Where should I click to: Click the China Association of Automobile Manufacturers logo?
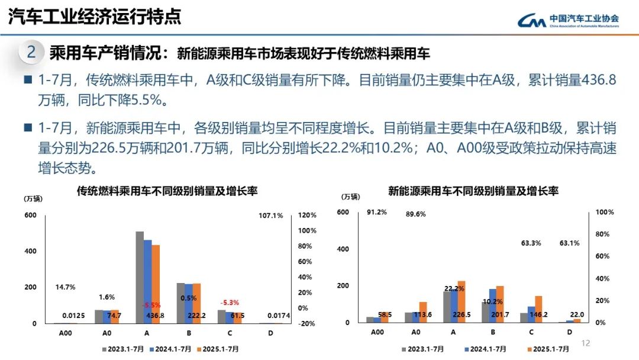click(x=568, y=21)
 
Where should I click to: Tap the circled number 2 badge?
click(x=31, y=53)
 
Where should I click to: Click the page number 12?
click(x=586, y=343)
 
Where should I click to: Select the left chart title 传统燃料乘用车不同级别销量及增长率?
click(x=167, y=191)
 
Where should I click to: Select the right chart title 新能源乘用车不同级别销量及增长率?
click(x=473, y=191)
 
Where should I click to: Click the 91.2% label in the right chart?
click(x=377, y=212)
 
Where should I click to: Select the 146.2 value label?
click(x=537, y=315)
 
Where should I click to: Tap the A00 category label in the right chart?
click(x=377, y=333)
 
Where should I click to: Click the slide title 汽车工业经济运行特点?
click(x=95, y=17)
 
